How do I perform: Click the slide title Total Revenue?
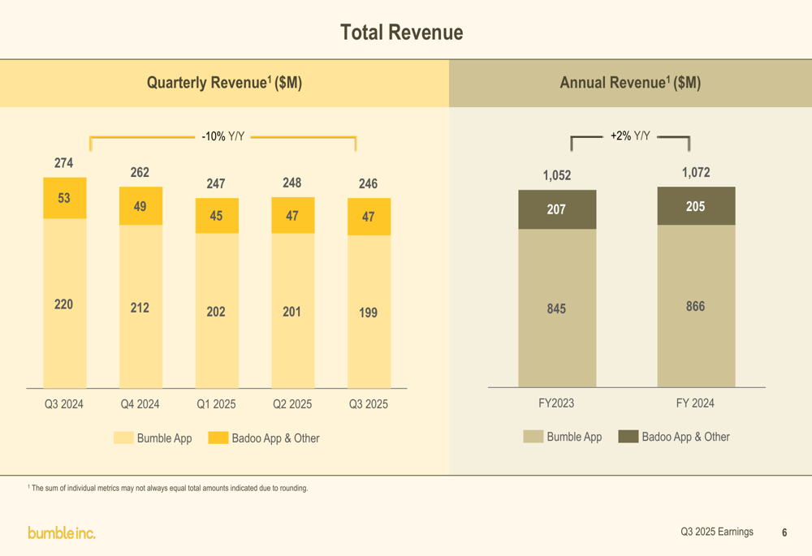tap(402, 32)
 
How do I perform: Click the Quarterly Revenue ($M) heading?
tap(224, 83)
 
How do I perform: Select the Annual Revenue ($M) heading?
tap(630, 83)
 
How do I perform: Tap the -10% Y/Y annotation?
tap(222, 136)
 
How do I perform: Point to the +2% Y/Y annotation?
tap(630, 136)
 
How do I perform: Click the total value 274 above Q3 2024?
tap(63, 163)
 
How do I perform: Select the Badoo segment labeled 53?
tap(64, 198)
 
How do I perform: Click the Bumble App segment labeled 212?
tap(140, 308)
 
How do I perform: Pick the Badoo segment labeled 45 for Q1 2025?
tap(216, 216)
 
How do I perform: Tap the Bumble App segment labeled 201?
tap(292, 312)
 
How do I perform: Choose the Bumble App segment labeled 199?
tap(369, 312)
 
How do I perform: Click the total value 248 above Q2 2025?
tap(292, 183)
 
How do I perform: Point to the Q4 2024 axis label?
tap(140, 403)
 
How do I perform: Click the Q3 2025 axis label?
tap(369, 403)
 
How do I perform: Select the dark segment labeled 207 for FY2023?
tap(556, 209)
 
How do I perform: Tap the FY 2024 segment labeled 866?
tap(695, 306)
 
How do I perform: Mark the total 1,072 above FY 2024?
tap(696, 172)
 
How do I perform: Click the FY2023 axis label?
tap(556, 403)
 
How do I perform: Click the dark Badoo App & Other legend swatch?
tap(628, 437)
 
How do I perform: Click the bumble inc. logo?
tap(62, 532)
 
